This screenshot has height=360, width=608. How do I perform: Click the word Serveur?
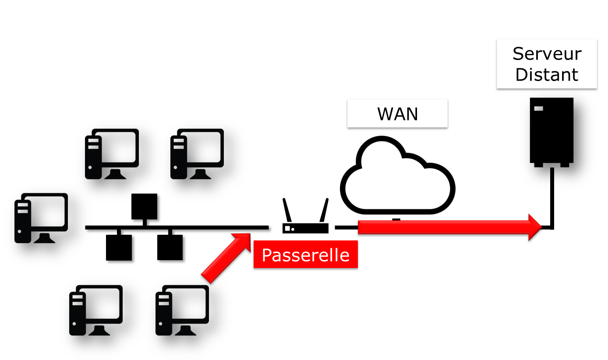(547, 54)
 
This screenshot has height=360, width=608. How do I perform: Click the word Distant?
(547, 74)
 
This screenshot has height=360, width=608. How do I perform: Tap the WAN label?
(397, 114)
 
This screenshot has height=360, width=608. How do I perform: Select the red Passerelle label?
(305, 255)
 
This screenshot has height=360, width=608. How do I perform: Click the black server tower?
(551, 131)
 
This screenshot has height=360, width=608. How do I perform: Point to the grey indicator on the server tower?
(538, 108)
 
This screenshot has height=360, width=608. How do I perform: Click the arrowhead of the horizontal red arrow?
(535, 227)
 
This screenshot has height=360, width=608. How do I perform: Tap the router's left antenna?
(287, 211)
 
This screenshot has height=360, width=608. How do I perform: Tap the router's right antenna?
(324, 211)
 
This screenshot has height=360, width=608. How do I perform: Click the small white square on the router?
(288, 228)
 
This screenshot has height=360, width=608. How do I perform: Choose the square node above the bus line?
(144, 206)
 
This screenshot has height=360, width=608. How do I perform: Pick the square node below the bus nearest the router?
(170, 247)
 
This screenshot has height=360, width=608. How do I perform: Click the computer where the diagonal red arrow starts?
(182, 310)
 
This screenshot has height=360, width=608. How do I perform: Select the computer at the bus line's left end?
(41, 218)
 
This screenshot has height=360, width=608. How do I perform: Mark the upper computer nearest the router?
(197, 154)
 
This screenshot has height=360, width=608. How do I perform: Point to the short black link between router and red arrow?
(346, 227)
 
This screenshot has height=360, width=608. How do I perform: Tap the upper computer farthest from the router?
(111, 154)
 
